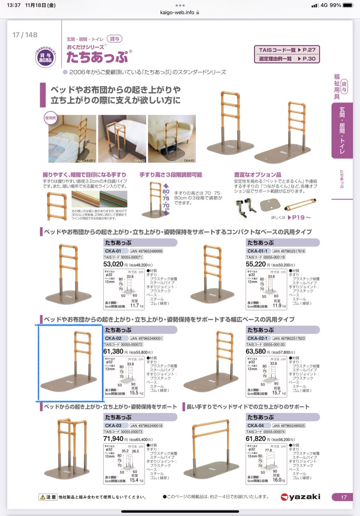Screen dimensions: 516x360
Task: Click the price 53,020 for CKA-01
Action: point(113,264)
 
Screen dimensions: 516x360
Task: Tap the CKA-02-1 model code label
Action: point(257,338)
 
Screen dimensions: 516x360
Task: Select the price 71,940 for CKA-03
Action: point(113,439)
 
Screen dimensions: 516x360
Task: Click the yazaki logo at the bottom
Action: point(300,497)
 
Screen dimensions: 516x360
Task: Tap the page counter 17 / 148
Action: point(25,35)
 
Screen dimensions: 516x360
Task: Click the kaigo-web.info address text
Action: point(177,12)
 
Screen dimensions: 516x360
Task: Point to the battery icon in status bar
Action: point(348,5)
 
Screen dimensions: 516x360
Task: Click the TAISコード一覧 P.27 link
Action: point(287,50)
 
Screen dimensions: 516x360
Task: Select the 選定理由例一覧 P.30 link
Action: point(287,59)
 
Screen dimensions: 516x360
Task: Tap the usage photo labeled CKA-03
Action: point(122,139)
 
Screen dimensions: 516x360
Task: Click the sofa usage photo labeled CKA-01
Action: point(172,139)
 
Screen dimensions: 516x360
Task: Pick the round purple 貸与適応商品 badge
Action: point(45,58)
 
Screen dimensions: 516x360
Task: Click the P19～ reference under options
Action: point(299,217)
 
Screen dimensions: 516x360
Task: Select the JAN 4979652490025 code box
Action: point(289,426)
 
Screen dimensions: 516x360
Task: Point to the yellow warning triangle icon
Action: point(43,497)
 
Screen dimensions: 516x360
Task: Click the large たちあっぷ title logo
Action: point(97,57)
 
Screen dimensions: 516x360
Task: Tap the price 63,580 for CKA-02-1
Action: point(256,351)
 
